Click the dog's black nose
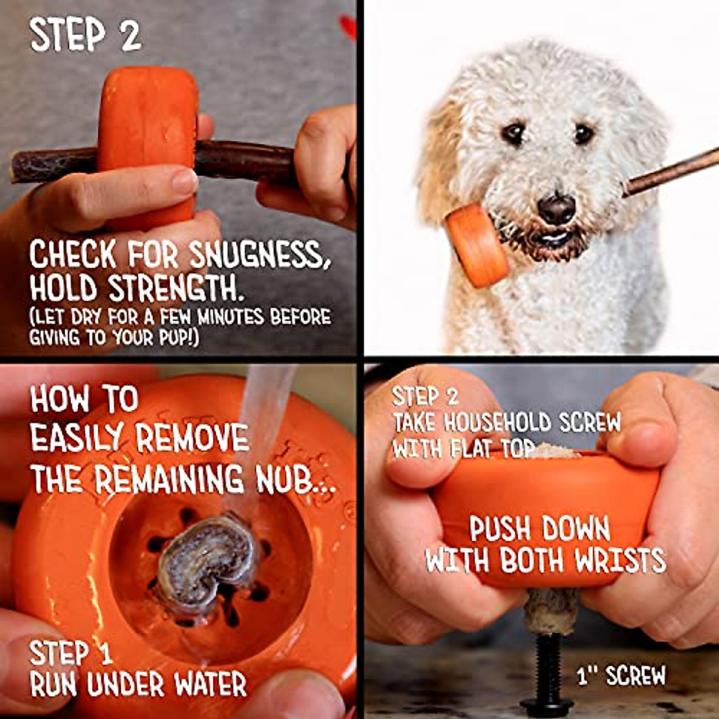pyautogui.click(x=556, y=209)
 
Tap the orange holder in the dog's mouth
pyautogui.click(x=476, y=244)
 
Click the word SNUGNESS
pyautogui.click(x=259, y=256)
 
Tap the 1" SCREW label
pyautogui.click(x=621, y=676)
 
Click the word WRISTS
pyautogui.click(x=620, y=561)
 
